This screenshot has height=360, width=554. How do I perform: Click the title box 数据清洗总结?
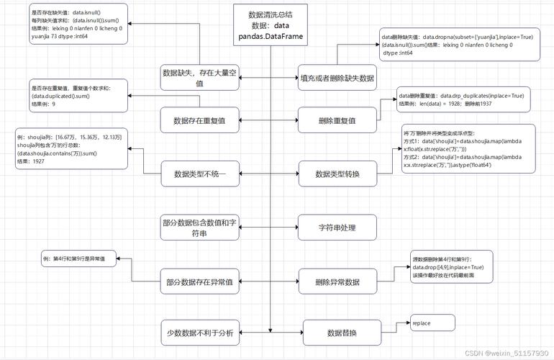pyautogui.click(x=270, y=25)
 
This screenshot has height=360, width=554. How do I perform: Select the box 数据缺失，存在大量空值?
pyautogui.click(x=199, y=78)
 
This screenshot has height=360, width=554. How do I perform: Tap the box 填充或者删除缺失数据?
pyautogui.click(x=337, y=77)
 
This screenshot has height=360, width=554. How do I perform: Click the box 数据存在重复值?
pyautogui.click(x=199, y=120)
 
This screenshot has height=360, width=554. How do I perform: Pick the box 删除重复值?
pyautogui.click(x=337, y=120)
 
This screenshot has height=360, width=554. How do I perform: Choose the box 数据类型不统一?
pyautogui.click(x=199, y=174)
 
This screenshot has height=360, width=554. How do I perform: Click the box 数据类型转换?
pyautogui.click(x=337, y=174)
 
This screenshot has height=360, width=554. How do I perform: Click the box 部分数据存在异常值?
pyautogui.click(x=199, y=282)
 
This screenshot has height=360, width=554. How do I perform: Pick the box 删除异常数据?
pyautogui.click(x=337, y=282)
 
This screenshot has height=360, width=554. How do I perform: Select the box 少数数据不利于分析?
pyautogui.click(x=199, y=333)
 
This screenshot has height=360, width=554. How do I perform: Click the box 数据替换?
pyautogui.click(x=341, y=333)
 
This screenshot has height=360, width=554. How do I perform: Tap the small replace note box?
pyautogui.click(x=432, y=323)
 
